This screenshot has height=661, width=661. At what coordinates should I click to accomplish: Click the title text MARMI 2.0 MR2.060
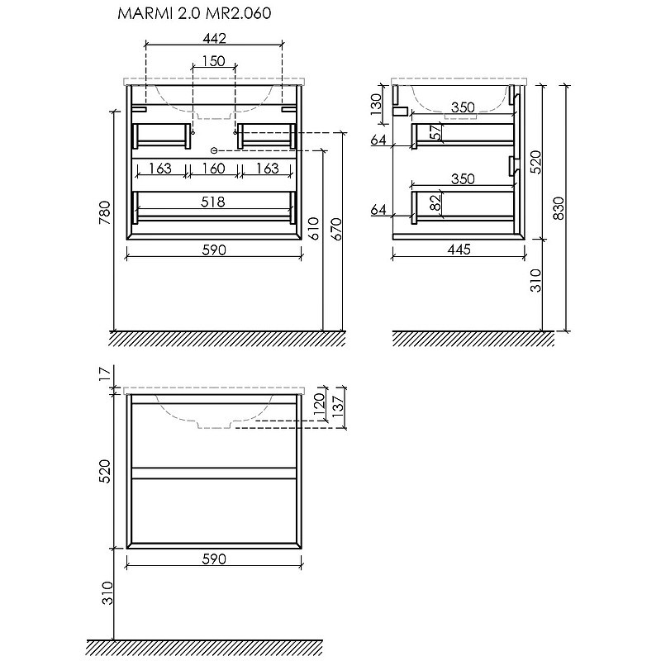point(194,13)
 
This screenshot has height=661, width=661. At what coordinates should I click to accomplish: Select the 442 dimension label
point(214,39)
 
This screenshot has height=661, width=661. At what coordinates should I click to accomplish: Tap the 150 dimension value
point(213,61)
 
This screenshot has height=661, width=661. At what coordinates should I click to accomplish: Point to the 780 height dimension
point(104,213)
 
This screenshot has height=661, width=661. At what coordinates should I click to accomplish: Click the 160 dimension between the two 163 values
point(213,169)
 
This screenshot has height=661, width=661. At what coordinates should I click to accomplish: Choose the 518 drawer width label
point(213,202)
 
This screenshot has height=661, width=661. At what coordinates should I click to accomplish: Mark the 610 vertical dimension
point(314,229)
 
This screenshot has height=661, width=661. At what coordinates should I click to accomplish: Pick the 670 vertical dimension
point(337,229)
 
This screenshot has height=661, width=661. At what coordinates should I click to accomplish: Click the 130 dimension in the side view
point(376,104)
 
